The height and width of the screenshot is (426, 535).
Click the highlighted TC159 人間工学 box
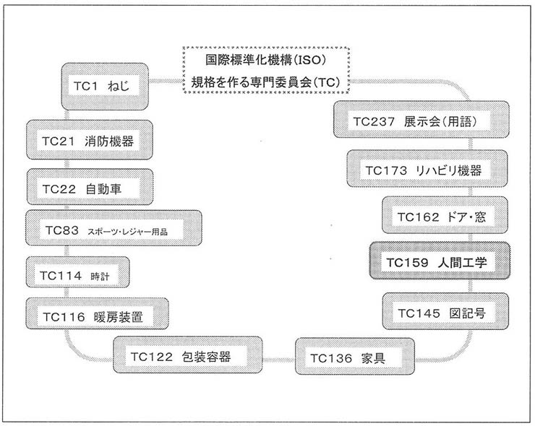coord(440,264)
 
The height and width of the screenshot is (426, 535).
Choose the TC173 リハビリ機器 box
coord(423,170)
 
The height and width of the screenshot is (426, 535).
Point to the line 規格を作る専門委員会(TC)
coord(264,82)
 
